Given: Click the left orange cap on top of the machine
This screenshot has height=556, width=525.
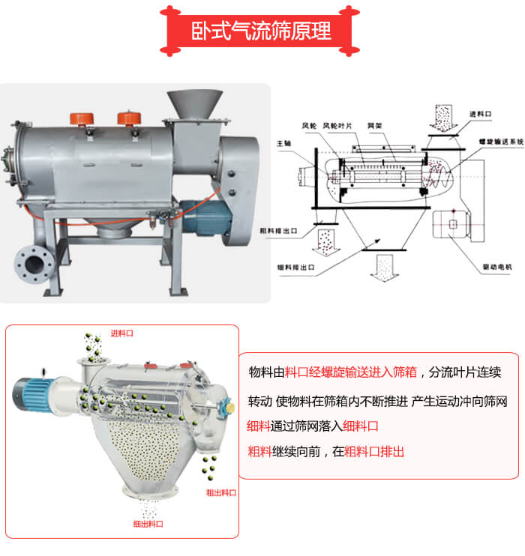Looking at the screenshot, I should click(x=80, y=118).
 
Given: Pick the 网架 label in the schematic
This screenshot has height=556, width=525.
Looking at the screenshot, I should click(x=374, y=125).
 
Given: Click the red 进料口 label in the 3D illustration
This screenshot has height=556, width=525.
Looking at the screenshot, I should click(x=121, y=333).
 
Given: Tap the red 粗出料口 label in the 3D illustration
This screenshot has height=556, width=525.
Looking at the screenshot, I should click(x=220, y=492).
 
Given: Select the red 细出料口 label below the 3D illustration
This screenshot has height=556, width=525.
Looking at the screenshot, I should click(x=148, y=524).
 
